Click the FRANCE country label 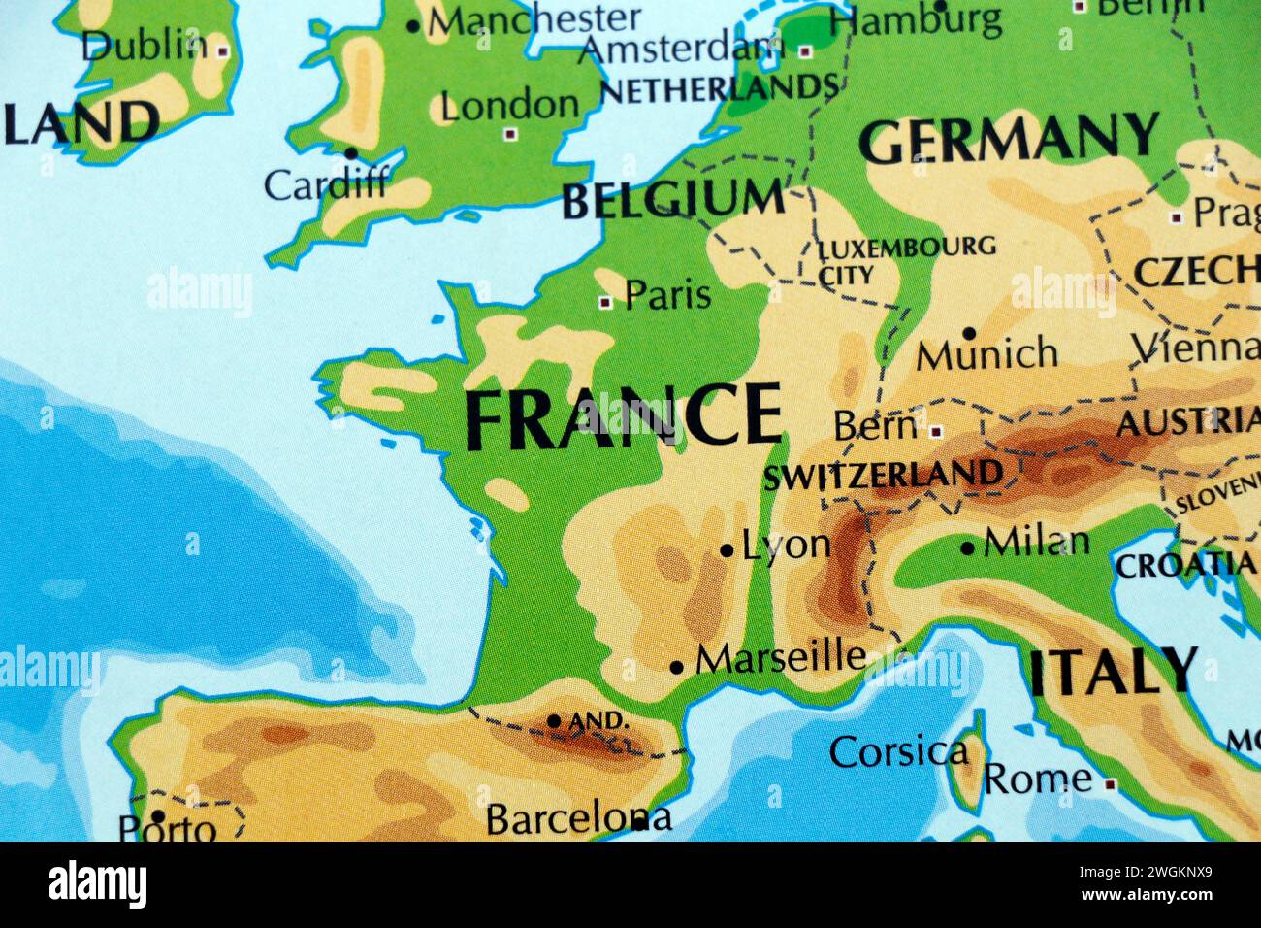623,416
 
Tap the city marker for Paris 605,303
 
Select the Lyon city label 786,546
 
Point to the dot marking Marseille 677,668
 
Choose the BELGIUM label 673,200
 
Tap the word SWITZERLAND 883,476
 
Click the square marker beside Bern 936,431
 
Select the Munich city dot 968,333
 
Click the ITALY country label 1113,672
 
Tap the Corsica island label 898,751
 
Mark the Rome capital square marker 1110,783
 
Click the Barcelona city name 578,819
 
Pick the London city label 509,106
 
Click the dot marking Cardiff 350,153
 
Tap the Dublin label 144,46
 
